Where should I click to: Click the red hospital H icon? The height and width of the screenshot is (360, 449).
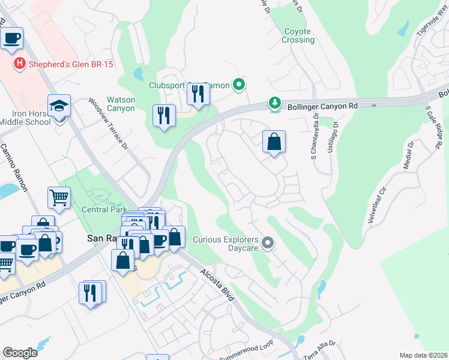(x=19, y=63)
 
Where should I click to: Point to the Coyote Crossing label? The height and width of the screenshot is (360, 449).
(x=298, y=35)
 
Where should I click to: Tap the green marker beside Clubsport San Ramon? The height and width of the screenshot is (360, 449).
(x=239, y=85)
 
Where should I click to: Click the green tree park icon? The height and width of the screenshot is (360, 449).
(x=275, y=103)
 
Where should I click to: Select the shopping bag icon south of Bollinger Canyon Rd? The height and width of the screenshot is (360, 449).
(x=274, y=142)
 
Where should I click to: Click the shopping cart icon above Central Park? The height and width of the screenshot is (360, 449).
(x=59, y=197)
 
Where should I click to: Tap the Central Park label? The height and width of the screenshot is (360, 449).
(x=104, y=210)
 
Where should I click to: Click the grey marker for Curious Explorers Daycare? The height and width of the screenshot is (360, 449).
(x=268, y=242)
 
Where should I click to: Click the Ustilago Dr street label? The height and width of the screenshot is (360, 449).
(x=332, y=137)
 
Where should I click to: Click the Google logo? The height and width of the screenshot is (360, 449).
(x=20, y=352)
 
